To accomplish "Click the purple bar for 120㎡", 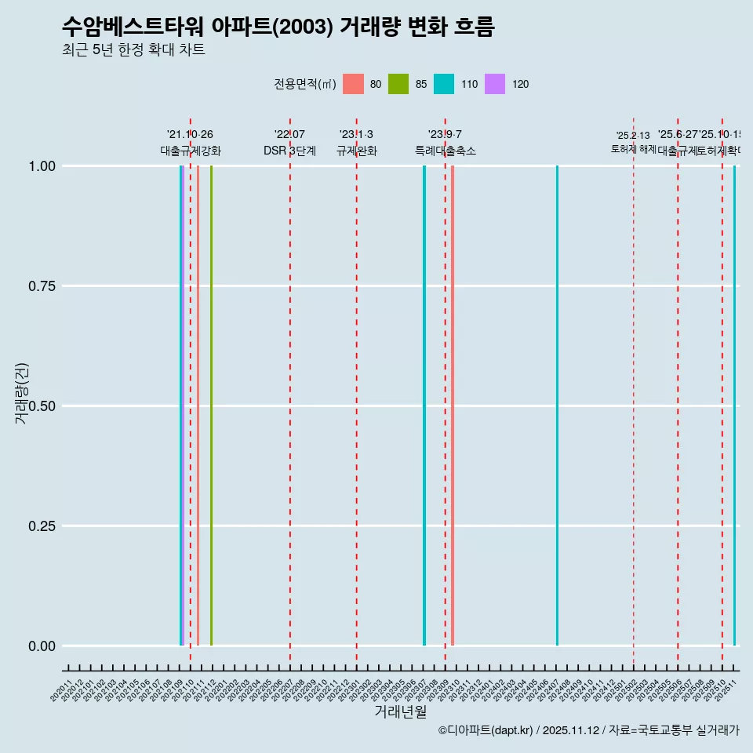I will tap(184, 406).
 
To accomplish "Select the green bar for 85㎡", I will tap(211, 406).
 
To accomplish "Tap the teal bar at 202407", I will tap(557, 406).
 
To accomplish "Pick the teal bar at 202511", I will tap(734, 406).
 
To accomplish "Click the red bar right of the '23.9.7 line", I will tap(453, 406).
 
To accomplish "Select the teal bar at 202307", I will tap(424, 406).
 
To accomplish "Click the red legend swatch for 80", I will tap(354, 84).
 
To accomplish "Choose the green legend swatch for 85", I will tap(398, 84).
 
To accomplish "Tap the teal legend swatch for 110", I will tap(444, 84).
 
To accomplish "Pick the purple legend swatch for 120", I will tap(495, 84).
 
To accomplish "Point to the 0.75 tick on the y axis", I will tap(40, 286).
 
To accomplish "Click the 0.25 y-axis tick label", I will tap(40, 526).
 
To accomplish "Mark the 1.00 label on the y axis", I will tap(40, 166).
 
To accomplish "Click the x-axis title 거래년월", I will tap(400, 711).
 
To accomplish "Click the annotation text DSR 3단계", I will tap(289, 151).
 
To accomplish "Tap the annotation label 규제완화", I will tap(357, 151).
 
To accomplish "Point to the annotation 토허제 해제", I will tap(633, 148).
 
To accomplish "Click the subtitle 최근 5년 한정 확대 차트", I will tap(133, 50).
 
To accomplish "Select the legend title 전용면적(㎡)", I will tap(304, 84).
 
